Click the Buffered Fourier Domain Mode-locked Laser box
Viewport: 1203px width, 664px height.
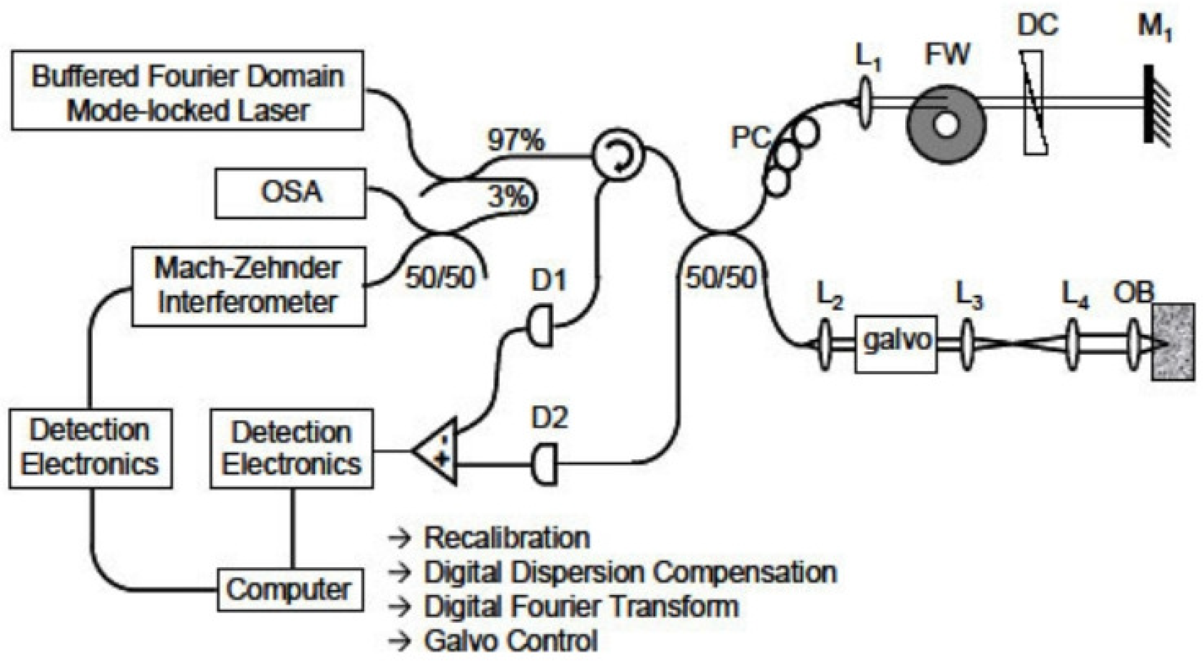tap(188, 90)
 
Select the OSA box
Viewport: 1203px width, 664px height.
tap(290, 193)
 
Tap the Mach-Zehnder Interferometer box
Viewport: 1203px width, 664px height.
tap(248, 286)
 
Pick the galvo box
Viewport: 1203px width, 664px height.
tap(896, 343)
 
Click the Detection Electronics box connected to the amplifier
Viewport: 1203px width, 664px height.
tap(291, 449)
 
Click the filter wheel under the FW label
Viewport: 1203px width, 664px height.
tap(945, 124)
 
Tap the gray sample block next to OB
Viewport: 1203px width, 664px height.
tap(1173, 342)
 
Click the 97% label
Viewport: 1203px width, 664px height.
tap(516, 140)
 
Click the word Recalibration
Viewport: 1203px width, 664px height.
tap(506, 537)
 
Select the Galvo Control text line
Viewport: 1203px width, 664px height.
tap(510, 641)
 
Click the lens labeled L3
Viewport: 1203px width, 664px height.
tap(967, 343)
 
